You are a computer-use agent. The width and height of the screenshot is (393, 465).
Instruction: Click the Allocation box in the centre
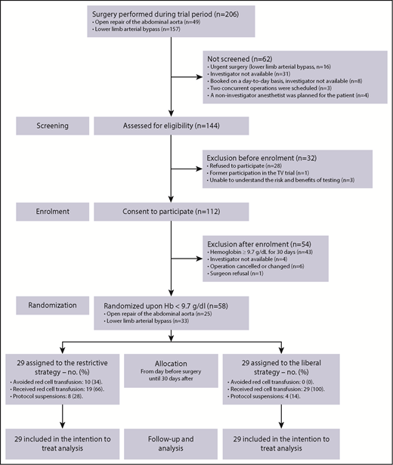(173, 359)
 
